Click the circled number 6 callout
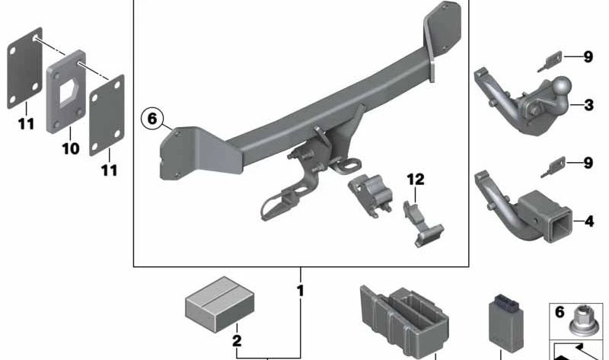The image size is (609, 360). (152, 118)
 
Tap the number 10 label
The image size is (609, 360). (70, 148)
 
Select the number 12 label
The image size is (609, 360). (416, 180)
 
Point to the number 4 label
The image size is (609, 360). (589, 221)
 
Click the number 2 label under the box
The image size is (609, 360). (237, 340)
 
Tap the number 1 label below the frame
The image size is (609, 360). (300, 291)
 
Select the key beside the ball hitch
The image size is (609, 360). (550, 62)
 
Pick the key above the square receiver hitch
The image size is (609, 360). (553, 167)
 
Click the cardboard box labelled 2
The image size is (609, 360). (220, 304)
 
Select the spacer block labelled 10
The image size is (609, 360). (66, 91)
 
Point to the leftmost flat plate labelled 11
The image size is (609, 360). (25, 68)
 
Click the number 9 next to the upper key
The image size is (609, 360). (588, 57)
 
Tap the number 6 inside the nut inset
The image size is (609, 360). (560, 312)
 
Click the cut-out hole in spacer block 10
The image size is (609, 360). (69, 92)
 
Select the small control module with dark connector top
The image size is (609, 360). (505, 323)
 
